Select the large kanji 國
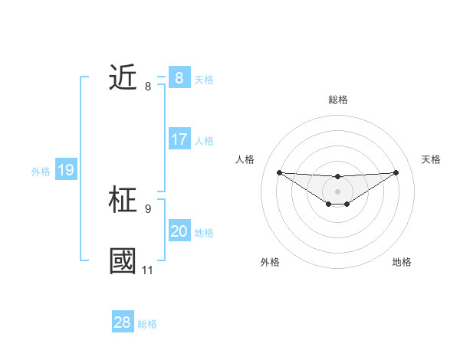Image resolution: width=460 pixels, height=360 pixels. point(123,261)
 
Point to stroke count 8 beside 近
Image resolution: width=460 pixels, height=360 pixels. point(148,87)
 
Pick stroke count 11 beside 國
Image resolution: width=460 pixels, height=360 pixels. point(147,270)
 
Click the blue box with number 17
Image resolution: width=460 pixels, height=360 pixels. point(179,139)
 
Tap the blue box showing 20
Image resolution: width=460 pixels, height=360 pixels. point(179,231)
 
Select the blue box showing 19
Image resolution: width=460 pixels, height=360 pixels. point(66,170)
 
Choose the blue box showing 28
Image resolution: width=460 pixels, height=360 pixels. point(123,322)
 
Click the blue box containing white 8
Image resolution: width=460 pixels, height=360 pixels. point(179,77)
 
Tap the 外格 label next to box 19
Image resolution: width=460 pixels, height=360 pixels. point(41,172)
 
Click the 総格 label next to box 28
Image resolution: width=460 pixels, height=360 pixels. point(147,324)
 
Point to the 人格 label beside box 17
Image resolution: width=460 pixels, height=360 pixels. point(204,141)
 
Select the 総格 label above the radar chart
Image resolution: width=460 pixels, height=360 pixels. point(337,100)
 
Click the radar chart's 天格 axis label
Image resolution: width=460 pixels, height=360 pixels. point(432,159)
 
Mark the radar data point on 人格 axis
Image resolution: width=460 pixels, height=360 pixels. point(279,172)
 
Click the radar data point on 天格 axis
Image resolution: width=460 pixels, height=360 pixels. point(396,172)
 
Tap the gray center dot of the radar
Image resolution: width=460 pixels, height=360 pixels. point(337,191)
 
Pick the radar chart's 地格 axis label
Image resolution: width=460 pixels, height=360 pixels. point(402,262)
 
